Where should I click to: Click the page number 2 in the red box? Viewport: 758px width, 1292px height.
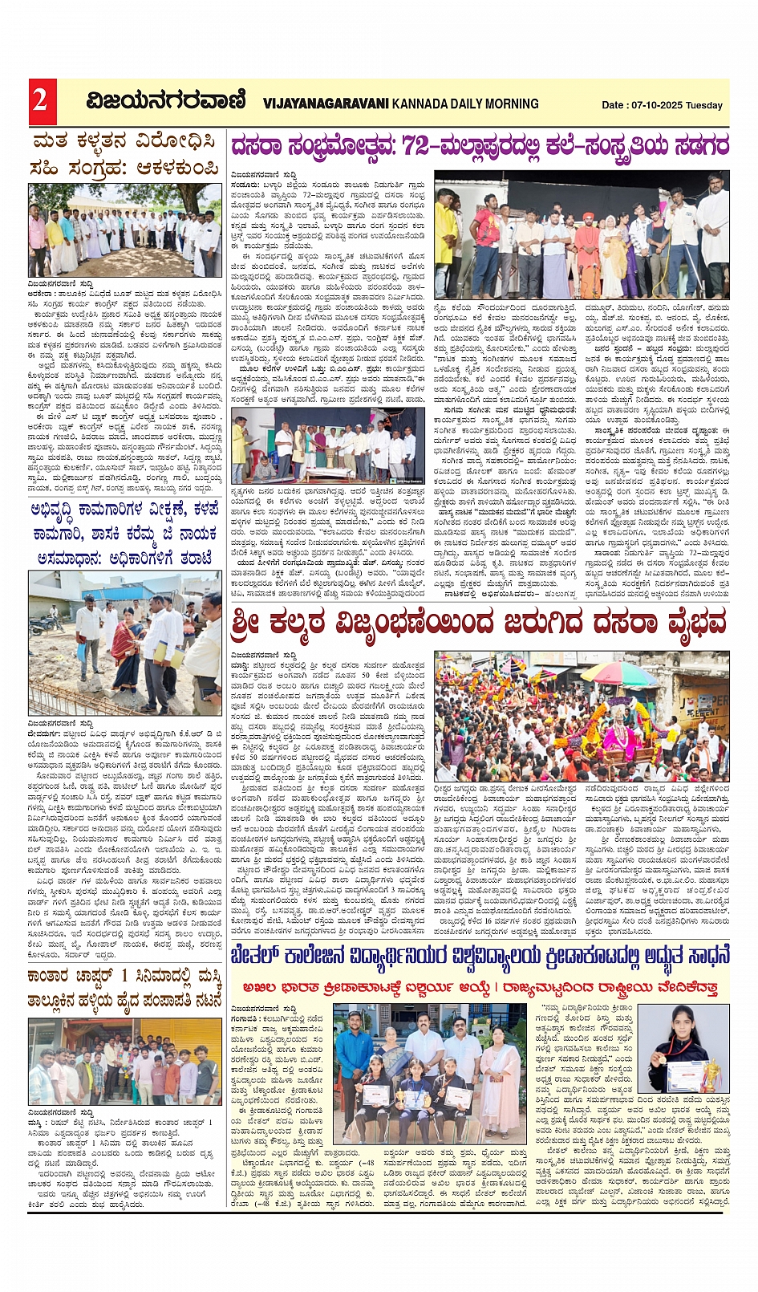40,101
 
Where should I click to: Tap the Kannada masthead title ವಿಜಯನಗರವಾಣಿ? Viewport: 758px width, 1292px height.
166,101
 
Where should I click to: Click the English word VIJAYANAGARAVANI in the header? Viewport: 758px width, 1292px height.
326,104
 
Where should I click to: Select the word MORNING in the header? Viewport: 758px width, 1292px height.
511,104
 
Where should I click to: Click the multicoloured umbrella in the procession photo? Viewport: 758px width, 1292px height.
618,674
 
